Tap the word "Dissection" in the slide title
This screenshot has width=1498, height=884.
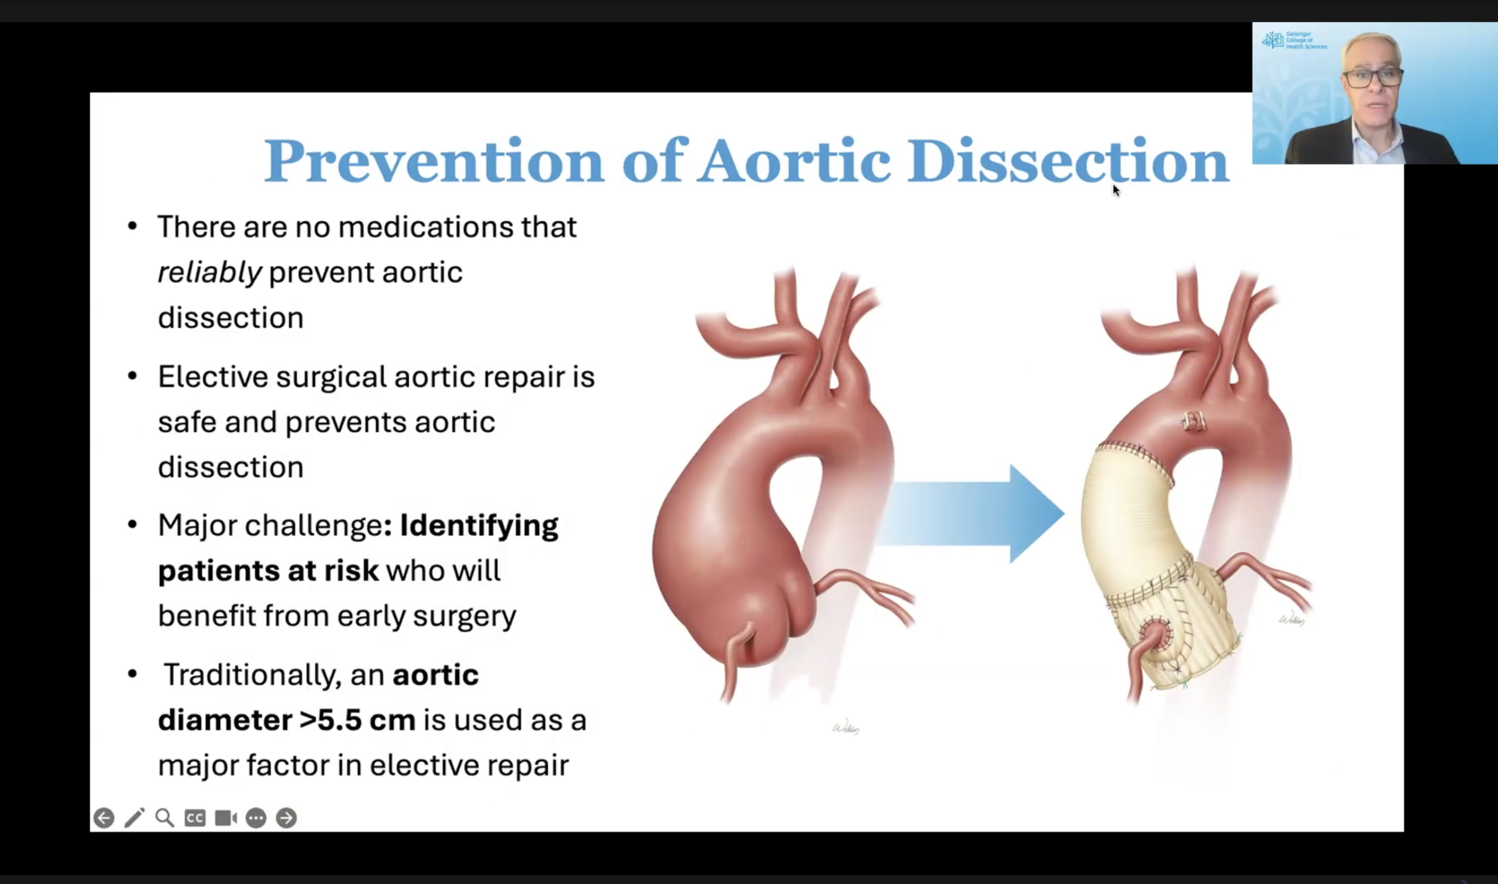tap(1068, 161)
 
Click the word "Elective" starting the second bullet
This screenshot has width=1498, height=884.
tap(213, 376)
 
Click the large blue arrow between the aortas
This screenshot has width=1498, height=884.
tap(971, 513)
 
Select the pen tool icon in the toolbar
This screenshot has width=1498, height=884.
tap(135, 818)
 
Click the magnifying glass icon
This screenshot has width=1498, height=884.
tap(165, 818)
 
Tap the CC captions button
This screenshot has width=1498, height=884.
tap(195, 818)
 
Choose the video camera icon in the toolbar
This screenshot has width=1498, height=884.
tap(226, 818)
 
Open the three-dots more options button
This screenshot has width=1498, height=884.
tap(256, 818)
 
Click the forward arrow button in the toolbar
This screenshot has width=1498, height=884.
tap(286, 818)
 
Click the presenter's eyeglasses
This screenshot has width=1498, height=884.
tap(1372, 78)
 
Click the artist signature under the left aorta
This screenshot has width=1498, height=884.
tap(845, 728)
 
